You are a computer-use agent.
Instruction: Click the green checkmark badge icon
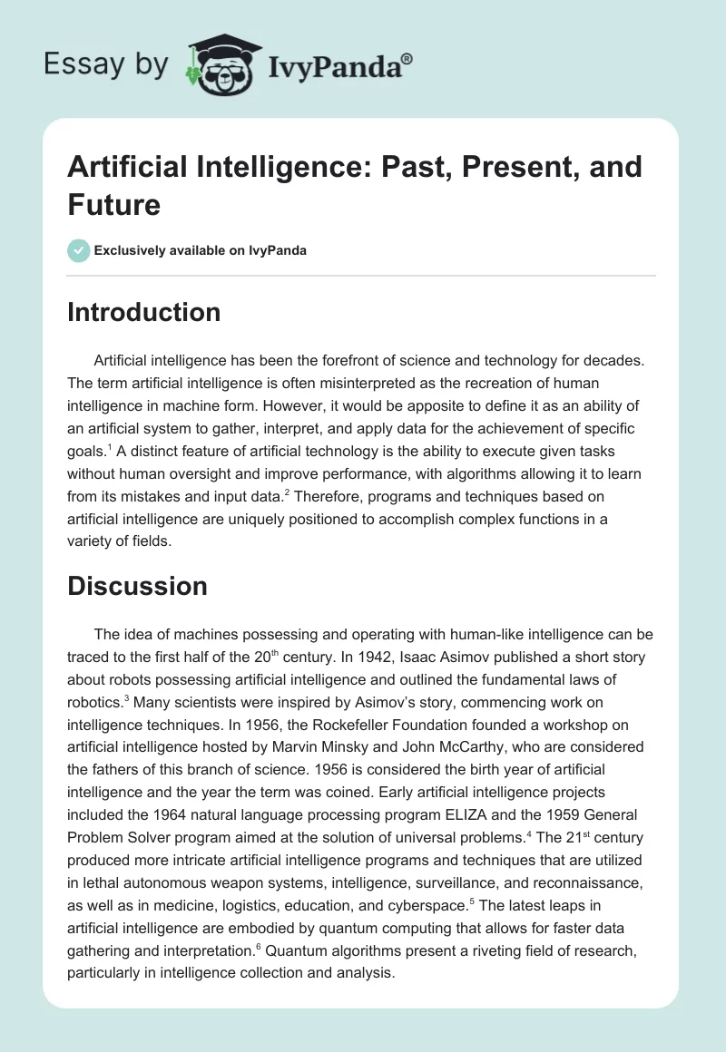point(79,250)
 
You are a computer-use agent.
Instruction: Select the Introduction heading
point(144,312)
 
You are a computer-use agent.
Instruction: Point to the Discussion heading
point(137,586)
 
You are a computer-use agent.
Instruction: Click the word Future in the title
point(113,205)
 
